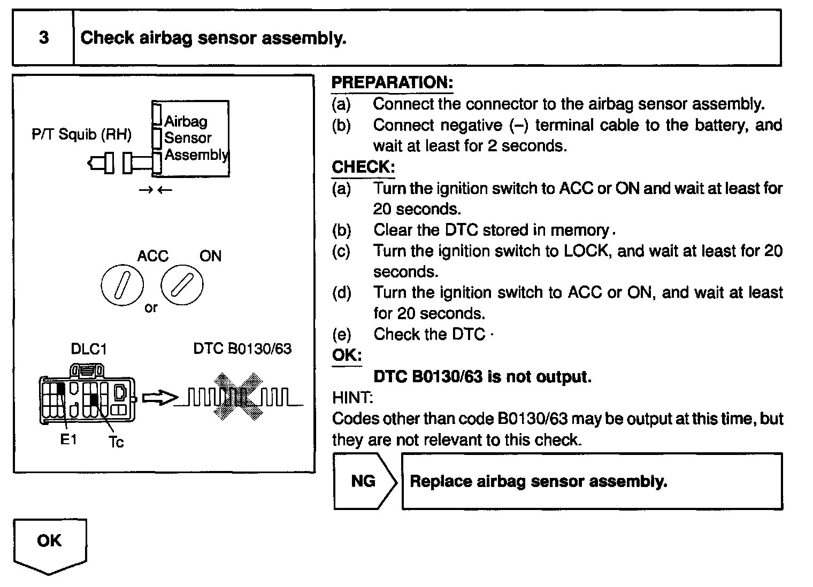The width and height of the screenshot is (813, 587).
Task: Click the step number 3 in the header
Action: [x=44, y=38]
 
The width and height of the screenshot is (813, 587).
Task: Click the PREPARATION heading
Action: [x=392, y=82]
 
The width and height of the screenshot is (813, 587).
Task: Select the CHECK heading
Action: [x=363, y=167]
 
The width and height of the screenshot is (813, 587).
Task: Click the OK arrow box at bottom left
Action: [x=49, y=543]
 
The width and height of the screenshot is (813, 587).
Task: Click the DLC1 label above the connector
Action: [x=89, y=349]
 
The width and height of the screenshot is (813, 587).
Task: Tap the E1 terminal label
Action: [x=68, y=439]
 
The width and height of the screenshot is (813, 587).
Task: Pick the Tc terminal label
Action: [x=116, y=442]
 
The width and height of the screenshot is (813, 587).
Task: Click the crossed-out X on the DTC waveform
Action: [x=239, y=397]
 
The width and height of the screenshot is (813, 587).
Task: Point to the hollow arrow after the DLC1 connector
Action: [x=159, y=398]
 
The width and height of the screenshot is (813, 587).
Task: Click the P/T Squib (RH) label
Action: [x=81, y=134]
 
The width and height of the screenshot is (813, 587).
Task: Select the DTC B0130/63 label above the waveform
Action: [x=242, y=349]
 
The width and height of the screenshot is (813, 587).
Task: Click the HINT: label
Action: [x=352, y=397]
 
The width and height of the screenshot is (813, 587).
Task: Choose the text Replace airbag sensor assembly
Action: [x=538, y=481]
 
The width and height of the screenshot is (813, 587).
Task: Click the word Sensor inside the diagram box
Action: [x=188, y=138]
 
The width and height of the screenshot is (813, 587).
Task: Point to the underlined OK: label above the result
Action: [x=347, y=356]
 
